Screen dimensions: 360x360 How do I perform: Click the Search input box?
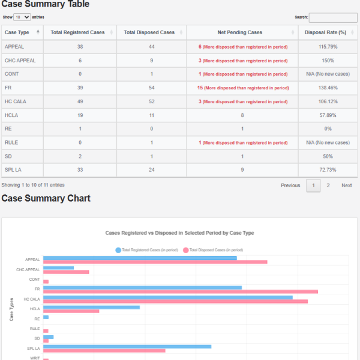coord(333,17)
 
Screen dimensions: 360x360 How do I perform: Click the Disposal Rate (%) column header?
coord(326,32)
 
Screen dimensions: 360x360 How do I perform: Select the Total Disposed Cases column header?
coord(149,32)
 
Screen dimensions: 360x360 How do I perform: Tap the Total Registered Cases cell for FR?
coord(80,88)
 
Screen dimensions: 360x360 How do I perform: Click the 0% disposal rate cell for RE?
coord(328,129)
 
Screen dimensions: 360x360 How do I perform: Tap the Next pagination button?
coord(346,185)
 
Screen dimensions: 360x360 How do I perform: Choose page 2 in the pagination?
coord(328,185)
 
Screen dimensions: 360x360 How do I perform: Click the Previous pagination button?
coord(290,185)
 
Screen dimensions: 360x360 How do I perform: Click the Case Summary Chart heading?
coord(46,199)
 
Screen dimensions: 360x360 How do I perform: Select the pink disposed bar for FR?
coord(180,292)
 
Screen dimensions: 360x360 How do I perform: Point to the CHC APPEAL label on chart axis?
coord(28,269)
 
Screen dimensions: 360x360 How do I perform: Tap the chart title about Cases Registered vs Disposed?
coord(179,232)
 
